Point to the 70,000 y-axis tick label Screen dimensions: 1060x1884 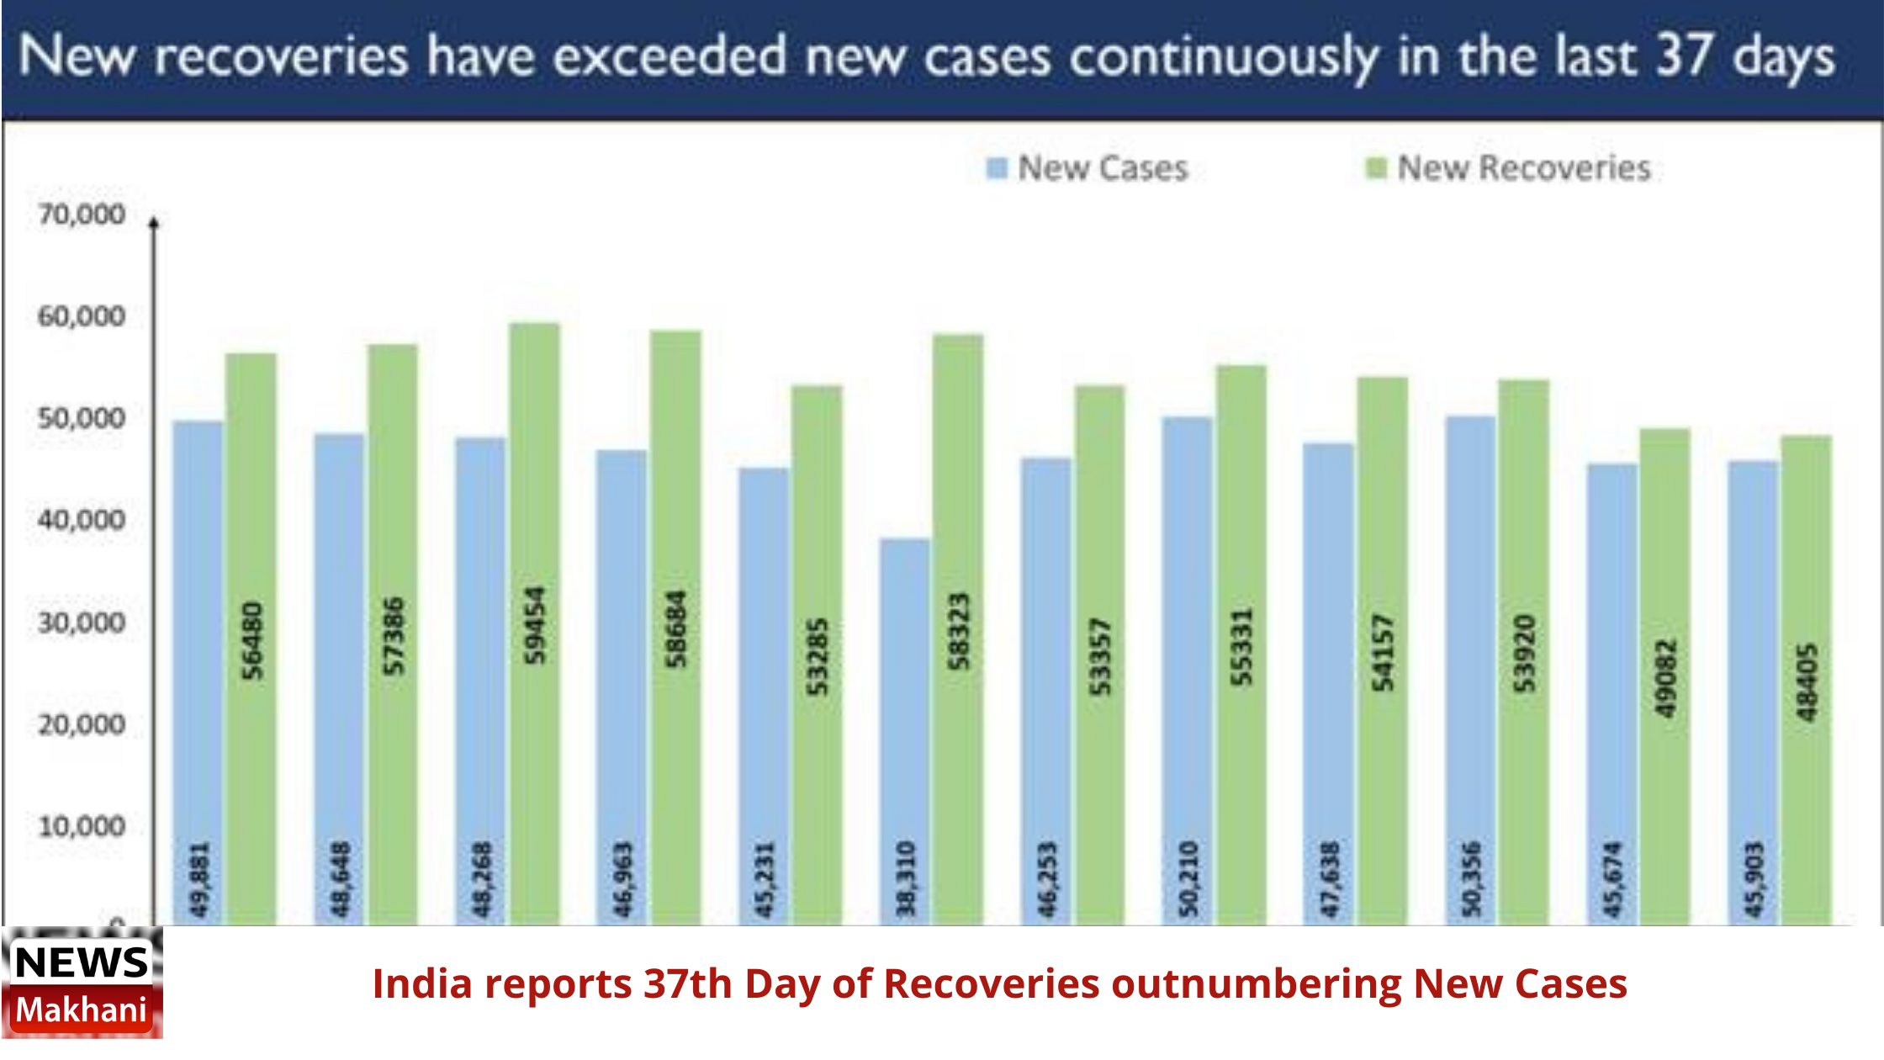click(x=82, y=215)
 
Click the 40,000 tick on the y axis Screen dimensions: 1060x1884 click(x=82, y=520)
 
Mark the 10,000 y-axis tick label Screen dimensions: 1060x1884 click(x=82, y=826)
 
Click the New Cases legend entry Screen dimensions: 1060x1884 click(x=1088, y=168)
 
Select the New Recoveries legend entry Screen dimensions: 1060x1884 click(x=1509, y=168)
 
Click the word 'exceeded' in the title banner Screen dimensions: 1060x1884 click(x=669, y=57)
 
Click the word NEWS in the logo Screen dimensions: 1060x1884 click(x=82, y=962)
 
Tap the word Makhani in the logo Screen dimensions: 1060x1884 click(x=82, y=1010)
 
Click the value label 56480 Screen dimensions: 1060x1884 click(x=251, y=639)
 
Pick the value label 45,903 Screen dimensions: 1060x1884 click(x=1754, y=879)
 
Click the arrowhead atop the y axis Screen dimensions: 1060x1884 click(x=154, y=223)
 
